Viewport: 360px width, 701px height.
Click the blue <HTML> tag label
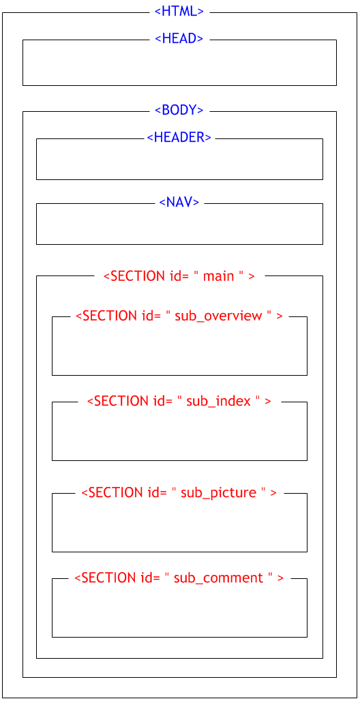click(179, 12)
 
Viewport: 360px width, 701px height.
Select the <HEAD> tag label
click(179, 38)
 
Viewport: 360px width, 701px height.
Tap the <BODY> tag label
click(179, 110)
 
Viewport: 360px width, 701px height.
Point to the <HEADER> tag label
click(179, 137)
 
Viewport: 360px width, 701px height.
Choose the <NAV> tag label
click(179, 202)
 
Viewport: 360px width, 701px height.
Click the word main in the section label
click(219, 276)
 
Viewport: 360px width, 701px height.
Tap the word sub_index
click(218, 402)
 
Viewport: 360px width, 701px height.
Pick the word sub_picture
click(218, 493)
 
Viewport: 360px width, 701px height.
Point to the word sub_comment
click(218, 578)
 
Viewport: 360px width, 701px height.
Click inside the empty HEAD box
click(179, 65)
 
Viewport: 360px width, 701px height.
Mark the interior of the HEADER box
click(179, 161)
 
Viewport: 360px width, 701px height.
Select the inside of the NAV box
click(179, 226)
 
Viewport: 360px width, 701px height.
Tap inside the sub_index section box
click(179, 434)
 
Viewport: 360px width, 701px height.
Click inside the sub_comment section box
click(179, 611)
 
